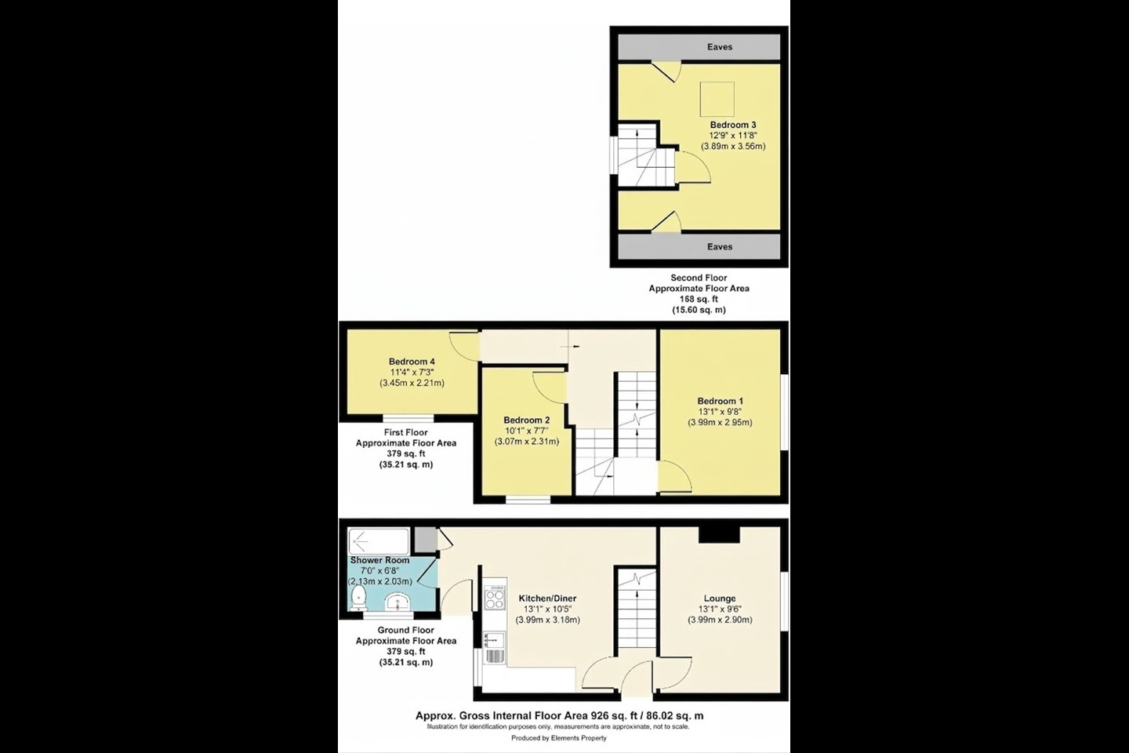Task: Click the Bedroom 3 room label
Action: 732,125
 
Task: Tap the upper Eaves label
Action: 719,47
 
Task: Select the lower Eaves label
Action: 719,247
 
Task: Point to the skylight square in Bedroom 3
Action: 717,99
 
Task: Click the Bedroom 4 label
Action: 412,362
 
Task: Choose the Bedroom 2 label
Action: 526,420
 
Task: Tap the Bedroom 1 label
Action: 720,402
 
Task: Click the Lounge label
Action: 720,598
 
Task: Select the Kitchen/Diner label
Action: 547,598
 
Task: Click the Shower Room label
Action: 379,560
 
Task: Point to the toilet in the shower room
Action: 358,598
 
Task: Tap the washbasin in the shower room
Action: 399,602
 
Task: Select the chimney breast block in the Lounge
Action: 719,534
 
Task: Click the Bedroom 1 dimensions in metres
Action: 720,423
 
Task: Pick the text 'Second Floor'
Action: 698,278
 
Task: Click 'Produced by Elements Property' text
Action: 558,738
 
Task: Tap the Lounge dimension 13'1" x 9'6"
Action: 720,609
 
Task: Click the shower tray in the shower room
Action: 379,540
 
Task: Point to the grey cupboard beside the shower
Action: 425,540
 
